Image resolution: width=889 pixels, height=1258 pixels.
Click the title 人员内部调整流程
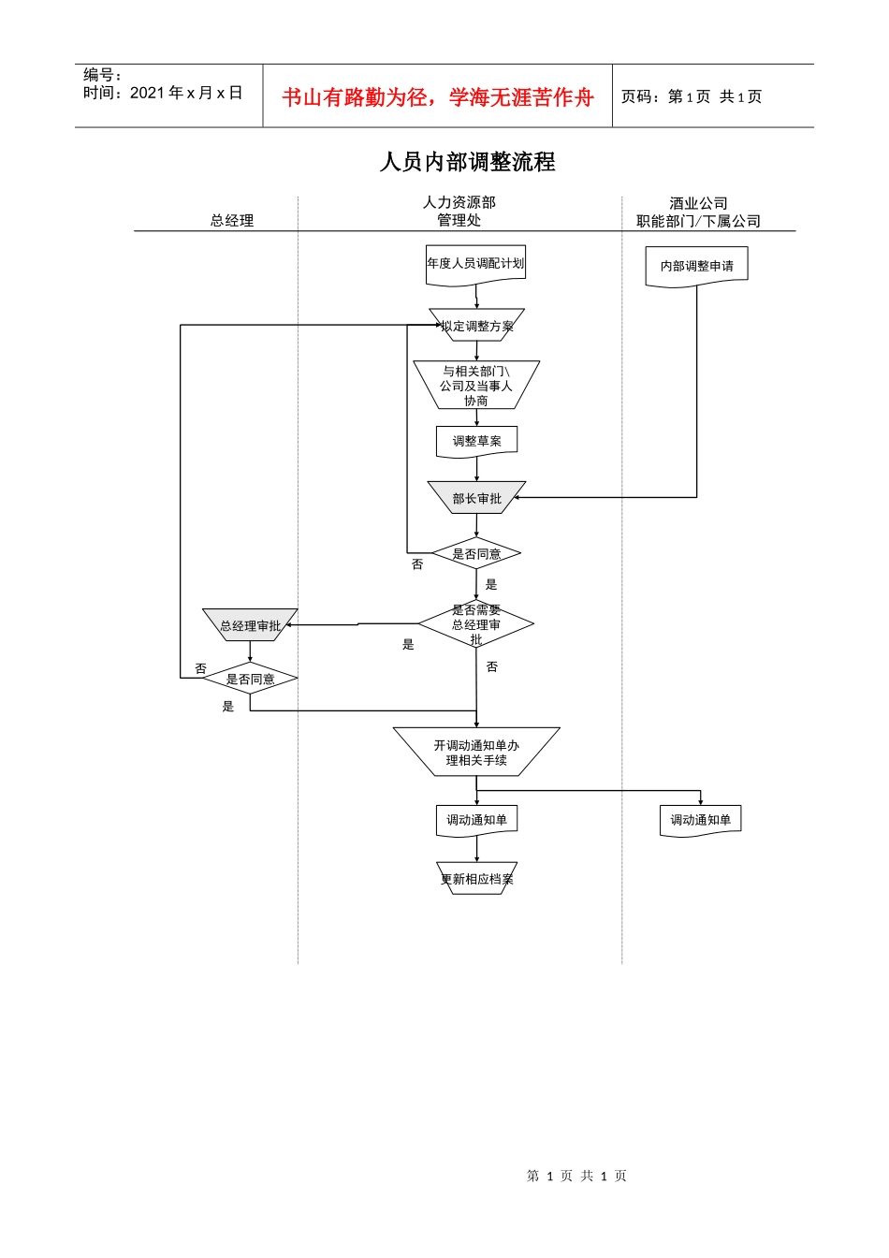(467, 162)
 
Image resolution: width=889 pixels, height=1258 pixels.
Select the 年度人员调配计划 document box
(475, 263)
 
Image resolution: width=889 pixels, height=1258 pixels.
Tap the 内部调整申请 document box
(696, 266)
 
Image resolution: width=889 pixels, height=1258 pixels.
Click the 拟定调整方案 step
(476, 326)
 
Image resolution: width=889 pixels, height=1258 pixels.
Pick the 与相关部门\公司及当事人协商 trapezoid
(476, 385)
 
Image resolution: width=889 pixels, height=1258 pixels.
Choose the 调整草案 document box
(476, 441)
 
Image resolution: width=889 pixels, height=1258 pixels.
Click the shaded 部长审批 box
(476, 498)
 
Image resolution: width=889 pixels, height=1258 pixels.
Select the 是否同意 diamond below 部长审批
(476, 553)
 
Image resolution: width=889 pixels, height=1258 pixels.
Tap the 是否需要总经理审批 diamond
(476, 624)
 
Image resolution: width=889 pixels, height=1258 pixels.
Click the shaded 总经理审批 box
(250, 625)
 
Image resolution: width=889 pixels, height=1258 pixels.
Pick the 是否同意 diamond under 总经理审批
(250, 679)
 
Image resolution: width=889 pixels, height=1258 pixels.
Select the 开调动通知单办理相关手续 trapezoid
(476, 753)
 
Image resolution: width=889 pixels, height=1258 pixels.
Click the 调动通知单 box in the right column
(700, 820)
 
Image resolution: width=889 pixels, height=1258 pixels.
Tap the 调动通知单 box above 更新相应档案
(476, 820)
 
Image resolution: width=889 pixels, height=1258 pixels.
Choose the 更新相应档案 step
(476, 879)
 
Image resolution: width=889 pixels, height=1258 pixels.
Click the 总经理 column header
(232, 220)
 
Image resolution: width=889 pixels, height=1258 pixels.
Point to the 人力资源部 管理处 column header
(459, 211)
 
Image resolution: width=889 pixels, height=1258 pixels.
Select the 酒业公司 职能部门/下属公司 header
(698, 212)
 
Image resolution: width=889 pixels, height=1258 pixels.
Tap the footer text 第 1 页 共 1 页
(576, 1176)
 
